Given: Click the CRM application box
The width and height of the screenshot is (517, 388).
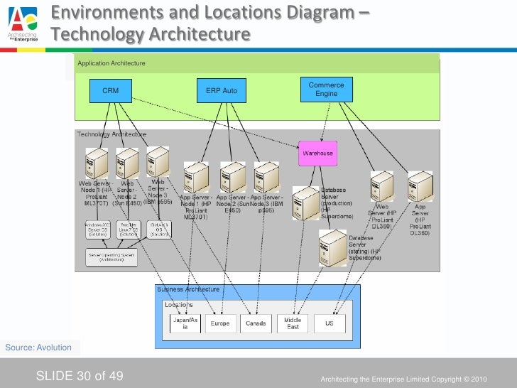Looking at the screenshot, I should click(x=111, y=91).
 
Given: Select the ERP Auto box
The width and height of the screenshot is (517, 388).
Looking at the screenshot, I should click(x=222, y=91).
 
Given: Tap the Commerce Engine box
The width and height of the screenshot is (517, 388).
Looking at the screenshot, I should click(x=326, y=90).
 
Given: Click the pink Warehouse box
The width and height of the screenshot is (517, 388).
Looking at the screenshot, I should click(x=317, y=153).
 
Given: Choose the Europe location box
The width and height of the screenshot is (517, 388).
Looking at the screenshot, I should click(x=220, y=323).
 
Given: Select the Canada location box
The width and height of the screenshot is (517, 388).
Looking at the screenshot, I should click(x=256, y=323).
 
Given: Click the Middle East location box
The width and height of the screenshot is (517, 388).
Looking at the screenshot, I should click(x=293, y=323).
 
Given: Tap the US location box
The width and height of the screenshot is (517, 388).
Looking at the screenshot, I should click(x=329, y=323).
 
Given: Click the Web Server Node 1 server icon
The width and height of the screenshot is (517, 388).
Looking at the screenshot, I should click(x=95, y=163).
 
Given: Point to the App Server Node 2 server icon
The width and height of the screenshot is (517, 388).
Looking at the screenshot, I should click(x=232, y=177).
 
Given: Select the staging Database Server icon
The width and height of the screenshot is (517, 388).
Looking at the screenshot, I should click(x=332, y=248).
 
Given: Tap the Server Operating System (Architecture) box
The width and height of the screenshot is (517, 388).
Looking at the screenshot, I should click(x=111, y=257).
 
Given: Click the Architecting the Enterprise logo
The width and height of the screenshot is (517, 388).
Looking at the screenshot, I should click(x=23, y=23).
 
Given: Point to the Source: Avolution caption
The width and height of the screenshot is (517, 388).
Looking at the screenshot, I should click(x=38, y=347).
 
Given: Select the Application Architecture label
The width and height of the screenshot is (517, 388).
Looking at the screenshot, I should click(x=111, y=64).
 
